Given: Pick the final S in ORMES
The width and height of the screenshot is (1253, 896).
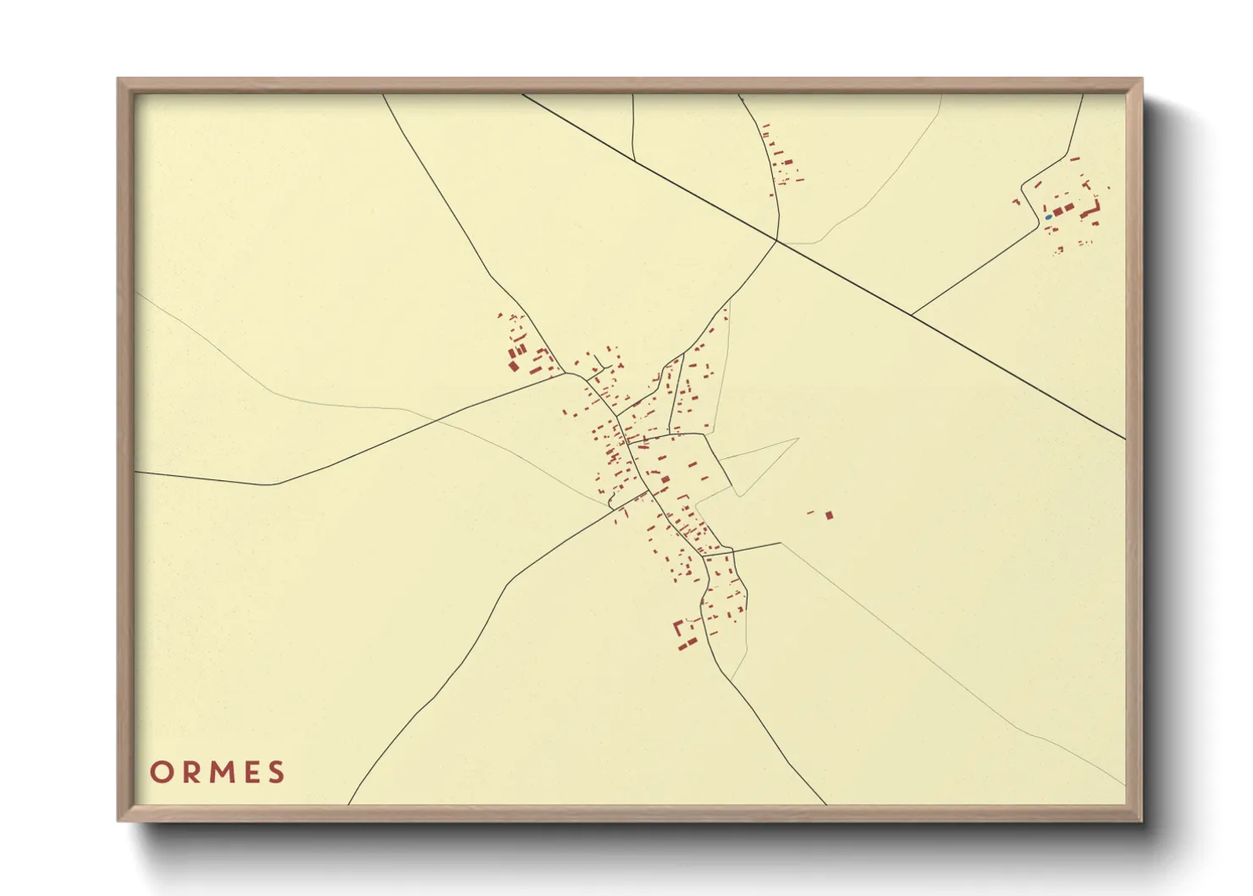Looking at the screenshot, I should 276,772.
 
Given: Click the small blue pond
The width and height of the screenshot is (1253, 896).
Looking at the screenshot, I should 1048,217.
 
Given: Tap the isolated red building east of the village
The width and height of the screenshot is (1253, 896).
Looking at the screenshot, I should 829,514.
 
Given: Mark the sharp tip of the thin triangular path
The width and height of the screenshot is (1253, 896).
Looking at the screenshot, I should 798,439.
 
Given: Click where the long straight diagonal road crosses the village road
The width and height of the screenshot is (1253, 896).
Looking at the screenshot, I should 777,241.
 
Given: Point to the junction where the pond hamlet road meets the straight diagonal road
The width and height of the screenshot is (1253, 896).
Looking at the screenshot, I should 912,315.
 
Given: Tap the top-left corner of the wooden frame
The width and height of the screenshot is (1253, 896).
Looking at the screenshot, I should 119,80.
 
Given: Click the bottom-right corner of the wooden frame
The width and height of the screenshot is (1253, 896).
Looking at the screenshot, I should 1141,820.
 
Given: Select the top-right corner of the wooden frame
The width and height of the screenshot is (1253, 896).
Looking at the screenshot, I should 1141,80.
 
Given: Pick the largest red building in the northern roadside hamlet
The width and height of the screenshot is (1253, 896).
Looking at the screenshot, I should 787,161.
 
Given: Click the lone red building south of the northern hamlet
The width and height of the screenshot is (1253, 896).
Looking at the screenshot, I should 771,195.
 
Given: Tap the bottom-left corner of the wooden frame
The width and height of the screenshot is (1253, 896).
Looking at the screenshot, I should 119,820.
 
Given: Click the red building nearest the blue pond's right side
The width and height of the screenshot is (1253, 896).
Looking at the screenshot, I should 1058,210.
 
